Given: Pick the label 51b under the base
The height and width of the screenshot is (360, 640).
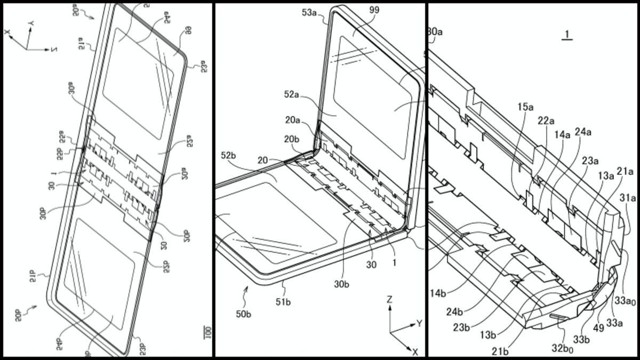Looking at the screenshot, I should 283,290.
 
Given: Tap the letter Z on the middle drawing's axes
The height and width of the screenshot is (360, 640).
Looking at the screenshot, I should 389,300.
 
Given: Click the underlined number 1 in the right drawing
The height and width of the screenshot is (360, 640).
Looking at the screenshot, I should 568,35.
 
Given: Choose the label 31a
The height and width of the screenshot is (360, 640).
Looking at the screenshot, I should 628,198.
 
